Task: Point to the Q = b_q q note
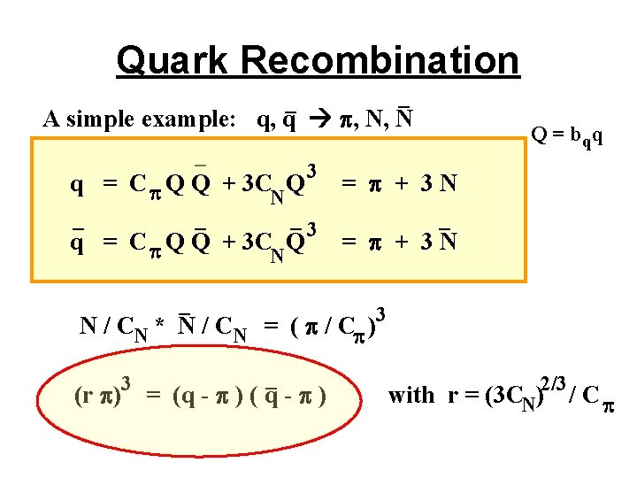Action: point(567,136)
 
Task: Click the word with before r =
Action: point(411,395)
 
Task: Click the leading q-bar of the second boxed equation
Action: point(78,242)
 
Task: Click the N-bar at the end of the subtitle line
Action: point(406,119)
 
